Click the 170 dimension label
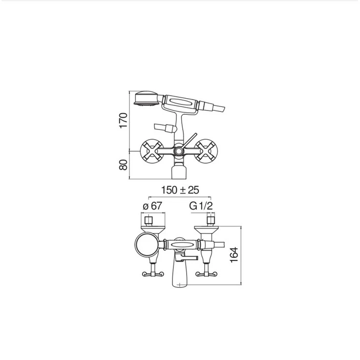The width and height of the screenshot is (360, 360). tap(123, 121)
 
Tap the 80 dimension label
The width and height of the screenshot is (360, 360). tap(123, 165)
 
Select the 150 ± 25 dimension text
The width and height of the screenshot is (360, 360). tap(180, 190)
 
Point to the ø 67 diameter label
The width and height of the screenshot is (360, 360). tap(152, 206)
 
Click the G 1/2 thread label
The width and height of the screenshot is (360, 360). tap(201, 206)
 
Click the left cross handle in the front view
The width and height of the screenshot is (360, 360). tap(152, 151)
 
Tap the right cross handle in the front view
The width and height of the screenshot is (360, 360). tap(206, 151)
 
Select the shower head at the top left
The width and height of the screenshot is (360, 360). tap(146, 99)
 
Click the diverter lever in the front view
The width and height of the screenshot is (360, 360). tap(190, 141)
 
